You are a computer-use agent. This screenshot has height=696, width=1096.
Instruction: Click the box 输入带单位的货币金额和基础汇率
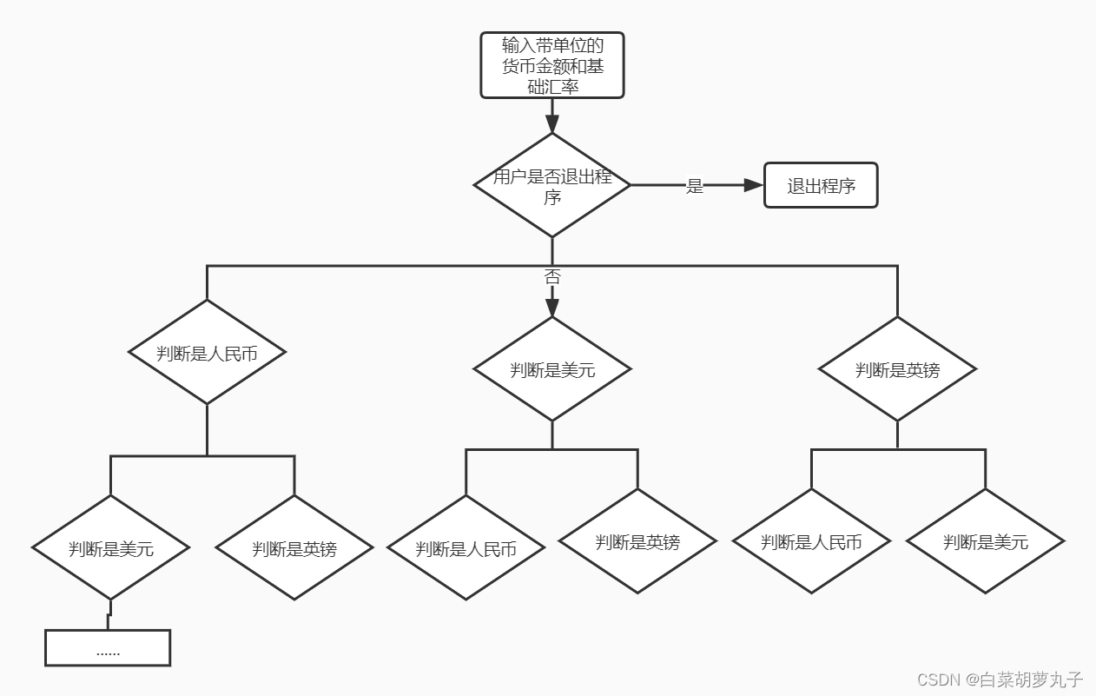click(x=552, y=65)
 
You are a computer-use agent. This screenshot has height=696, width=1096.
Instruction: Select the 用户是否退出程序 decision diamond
click(x=552, y=185)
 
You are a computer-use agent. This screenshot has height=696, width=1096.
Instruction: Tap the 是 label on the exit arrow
click(x=694, y=186)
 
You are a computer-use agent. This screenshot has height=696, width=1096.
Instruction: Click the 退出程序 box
click(x=821, y=185)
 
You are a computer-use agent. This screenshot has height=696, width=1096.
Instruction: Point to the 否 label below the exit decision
click(x=552, y=277)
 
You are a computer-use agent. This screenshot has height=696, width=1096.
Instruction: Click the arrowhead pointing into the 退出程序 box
click(x=753, y=185)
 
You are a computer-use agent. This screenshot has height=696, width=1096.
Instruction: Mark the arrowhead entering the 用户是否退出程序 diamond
click(x=552, y=124)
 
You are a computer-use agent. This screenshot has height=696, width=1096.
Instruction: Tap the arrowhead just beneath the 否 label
click(x=552, y=308)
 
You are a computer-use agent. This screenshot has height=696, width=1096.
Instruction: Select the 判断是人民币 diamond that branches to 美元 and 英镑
click(x=207, y=353)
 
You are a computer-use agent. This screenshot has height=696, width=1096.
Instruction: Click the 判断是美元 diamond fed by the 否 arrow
click(x=552, y=369)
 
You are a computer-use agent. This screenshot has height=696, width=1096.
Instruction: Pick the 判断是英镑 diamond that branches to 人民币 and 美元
click(x=897, y=369)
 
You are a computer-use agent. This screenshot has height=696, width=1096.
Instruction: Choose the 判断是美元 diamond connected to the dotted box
click(x=110, y=548)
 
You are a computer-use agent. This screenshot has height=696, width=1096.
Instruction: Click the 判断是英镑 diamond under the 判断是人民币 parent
click(x=294, y=548)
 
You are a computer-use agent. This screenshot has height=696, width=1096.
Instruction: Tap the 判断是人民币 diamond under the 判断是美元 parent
click(x=465, y=548)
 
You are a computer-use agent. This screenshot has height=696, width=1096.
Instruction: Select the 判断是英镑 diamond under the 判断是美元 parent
click(x=637, y=542)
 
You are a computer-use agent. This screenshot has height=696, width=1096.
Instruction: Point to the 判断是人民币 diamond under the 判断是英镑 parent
click(x=811, y=542)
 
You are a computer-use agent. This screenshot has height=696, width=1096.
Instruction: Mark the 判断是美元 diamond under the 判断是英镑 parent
click(x=986, y=542)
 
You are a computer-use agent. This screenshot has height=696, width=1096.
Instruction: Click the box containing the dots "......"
click(x=108, y=648)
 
